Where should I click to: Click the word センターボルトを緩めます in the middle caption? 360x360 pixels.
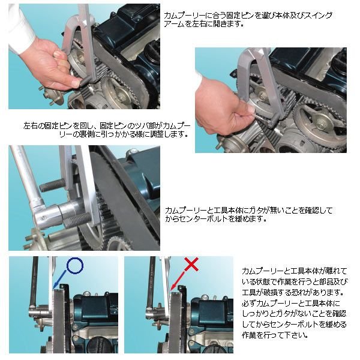216,219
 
